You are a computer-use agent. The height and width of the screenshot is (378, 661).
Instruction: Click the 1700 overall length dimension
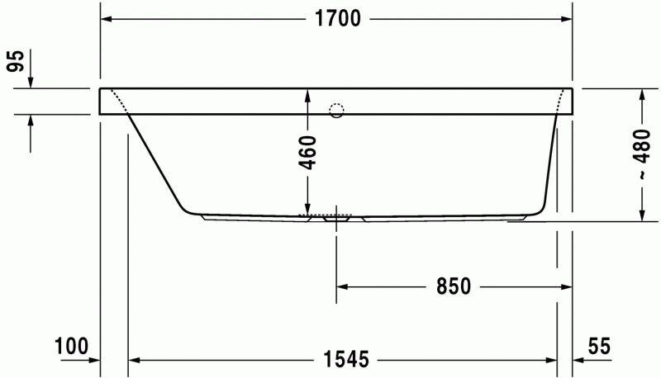click(x=336, y=20)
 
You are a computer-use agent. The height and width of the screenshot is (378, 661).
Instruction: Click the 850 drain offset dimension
click(x=454, y=286)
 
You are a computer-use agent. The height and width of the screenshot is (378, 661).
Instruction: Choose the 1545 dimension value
click(x=340, y=360)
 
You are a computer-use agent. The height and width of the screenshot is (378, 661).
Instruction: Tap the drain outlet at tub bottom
click(x=336, y=220)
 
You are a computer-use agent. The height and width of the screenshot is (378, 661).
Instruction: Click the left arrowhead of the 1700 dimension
click(x=106, y=20)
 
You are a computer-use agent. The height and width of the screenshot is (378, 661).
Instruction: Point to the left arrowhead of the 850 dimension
click(x=342, y=286)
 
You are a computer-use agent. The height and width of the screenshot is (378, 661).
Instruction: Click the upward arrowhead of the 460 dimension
click(x=307, y=92)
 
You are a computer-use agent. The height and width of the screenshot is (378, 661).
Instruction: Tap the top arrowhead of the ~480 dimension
click(x=641, y=93)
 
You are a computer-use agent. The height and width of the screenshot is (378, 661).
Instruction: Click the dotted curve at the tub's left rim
click(x=119, y=102)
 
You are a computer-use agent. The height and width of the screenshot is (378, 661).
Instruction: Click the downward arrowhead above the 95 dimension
click(x=30, y=82)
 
